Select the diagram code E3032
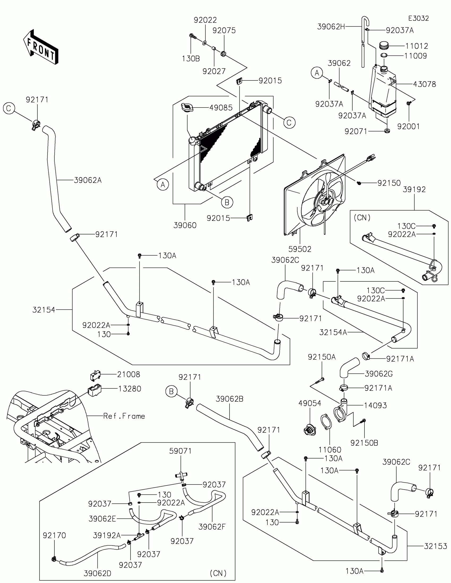(418, 18)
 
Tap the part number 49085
(221, 108)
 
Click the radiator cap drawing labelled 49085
(187, 108)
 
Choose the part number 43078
(424, 84)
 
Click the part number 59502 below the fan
(300, 249)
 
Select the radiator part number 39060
(185, 225)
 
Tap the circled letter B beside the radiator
(227, 202)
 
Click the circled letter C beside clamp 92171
(9, 108)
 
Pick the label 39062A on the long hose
(88, 180)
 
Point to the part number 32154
(44, 310)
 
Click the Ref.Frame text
(124, 416)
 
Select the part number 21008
(129, 375)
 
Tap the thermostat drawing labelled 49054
(310, 430)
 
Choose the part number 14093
(375, 405)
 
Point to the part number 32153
(436, 546)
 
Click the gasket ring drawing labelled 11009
(384, 55)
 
